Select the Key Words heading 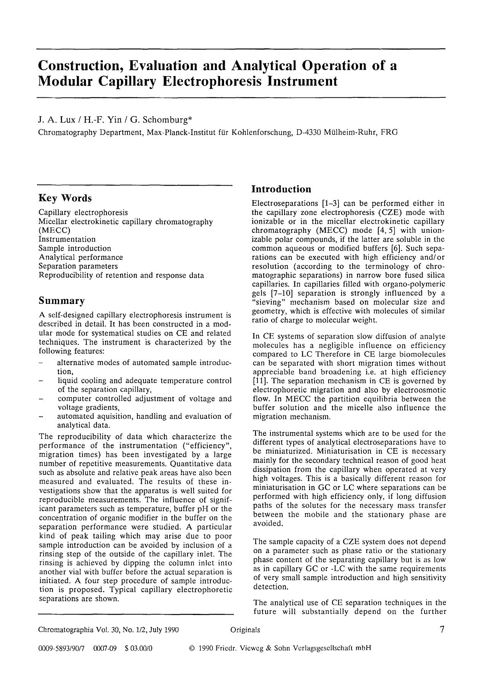click(x=65, y=198)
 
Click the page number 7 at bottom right click(x=442, y=629)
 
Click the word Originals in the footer click(x=245, y=630)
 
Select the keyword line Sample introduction click(x=75, y=248)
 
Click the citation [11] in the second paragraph click(x=260, y=381)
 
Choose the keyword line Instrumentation click(x=67, y=239)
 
